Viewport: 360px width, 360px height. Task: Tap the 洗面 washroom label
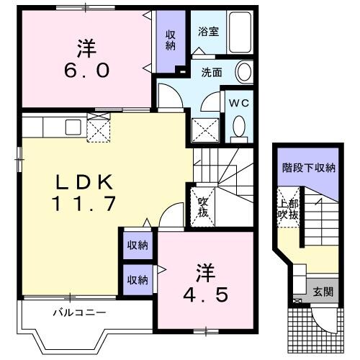coord(212,72)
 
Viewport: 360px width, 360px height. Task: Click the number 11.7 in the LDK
coord(83,204)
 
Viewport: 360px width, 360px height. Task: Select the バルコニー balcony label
coord(79,312)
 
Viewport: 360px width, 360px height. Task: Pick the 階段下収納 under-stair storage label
coord(308,168)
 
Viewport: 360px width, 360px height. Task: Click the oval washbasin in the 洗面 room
coord(245,72)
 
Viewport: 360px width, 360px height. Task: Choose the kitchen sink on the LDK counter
coord(72,127)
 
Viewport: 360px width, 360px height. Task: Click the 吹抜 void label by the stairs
coord(204,207)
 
